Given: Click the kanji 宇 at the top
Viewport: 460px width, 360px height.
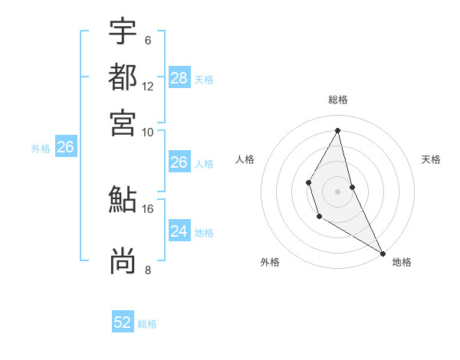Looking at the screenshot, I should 123,31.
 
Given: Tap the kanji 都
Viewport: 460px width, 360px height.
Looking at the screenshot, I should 123,77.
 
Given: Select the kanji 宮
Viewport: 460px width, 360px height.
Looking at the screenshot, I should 123,123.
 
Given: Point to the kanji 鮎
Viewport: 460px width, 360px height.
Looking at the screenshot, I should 123,200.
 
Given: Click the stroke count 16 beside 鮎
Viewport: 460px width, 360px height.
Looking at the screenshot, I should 148,208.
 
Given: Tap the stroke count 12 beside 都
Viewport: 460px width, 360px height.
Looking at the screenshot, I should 148,86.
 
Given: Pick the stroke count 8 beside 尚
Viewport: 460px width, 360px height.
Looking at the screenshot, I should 148,270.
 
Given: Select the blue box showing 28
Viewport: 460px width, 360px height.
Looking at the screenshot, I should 179,78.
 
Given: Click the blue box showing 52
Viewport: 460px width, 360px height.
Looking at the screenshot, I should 123,322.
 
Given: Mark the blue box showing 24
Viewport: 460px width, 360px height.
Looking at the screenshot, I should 179,231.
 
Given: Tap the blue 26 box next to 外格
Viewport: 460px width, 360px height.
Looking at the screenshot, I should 65,147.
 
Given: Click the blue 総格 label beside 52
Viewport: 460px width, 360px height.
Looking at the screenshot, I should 147,324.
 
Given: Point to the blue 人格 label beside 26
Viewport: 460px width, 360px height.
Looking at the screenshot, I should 204,164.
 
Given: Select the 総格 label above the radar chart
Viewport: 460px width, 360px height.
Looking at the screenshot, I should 338,100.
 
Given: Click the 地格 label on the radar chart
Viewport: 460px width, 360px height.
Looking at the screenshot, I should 402,262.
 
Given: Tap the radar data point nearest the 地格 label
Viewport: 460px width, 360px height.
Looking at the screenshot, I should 383,253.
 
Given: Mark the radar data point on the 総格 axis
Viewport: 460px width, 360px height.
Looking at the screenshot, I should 338,130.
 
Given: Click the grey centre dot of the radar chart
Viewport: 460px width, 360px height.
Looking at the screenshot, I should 337,191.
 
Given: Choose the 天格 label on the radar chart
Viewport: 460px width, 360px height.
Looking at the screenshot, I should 431,159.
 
